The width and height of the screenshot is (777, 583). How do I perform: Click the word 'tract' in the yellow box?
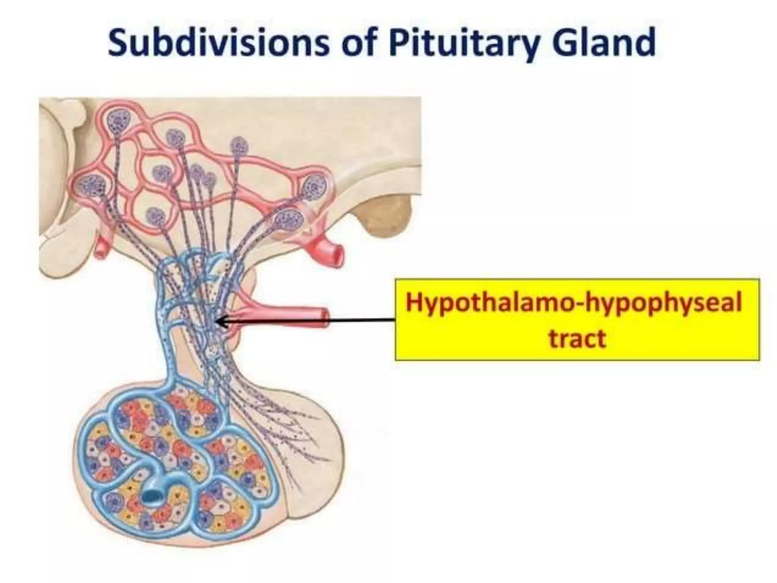point(577,339)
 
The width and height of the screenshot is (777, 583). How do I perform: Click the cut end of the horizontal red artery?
point(324,318)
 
